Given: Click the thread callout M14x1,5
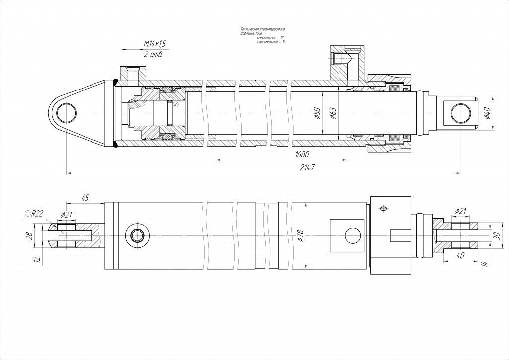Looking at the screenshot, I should (x=154, y=44).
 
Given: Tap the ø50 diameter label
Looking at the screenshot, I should (x=316, y=114).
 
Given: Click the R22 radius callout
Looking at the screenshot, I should (x=35, y=214).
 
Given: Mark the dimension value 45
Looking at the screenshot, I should (x=85, y=198).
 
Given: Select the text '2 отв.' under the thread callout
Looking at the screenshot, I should (x=153, y=54).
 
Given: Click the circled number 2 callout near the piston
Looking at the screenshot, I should (x=175, y=104).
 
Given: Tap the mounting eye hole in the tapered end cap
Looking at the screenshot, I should (x=67, y=114).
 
